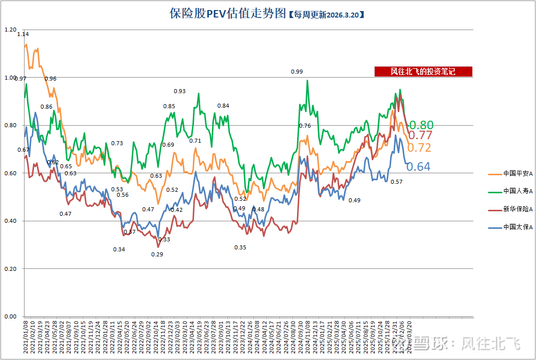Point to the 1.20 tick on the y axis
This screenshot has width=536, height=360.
click(x=10, y=30)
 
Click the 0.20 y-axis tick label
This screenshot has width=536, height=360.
click(x=10, y=269)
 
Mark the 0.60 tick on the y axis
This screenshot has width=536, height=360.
click(x=10, y=173)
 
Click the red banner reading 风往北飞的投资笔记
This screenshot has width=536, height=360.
click(x=423, y=72)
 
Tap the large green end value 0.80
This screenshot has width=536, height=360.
click(x=421, y=125)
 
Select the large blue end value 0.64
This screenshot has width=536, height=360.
click(x=418, y=167)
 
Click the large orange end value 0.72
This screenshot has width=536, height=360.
click(x=419, y=147)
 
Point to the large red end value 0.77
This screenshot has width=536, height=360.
click(x=420, y=135)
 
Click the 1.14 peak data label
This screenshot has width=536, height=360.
click(x=23, y=34)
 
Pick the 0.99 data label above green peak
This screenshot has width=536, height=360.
click(x=297, y=72)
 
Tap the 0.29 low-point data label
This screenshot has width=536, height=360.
click(x=157, y=254)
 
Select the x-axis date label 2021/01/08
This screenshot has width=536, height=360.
click(x=26, y=338)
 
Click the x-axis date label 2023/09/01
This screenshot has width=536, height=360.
click(x=221, y=338)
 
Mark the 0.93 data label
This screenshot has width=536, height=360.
click(x=179, y=91)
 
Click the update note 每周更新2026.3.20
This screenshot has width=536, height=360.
click(x=326, y=15)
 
